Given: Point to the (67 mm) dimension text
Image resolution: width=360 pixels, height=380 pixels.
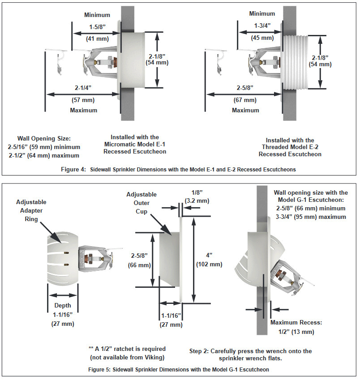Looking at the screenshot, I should coord(245,100).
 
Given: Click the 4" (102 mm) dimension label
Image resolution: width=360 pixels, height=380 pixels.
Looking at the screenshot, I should coord(210,260).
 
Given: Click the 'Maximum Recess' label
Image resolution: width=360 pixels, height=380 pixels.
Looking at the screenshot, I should coord(296,322).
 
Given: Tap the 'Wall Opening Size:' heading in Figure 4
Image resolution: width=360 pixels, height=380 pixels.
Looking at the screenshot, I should coord(42,138).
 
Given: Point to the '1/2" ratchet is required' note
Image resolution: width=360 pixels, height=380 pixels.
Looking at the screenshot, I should coord(127,349).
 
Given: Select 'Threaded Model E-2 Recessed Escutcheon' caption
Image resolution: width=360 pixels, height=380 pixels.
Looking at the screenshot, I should coord(290,147).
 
